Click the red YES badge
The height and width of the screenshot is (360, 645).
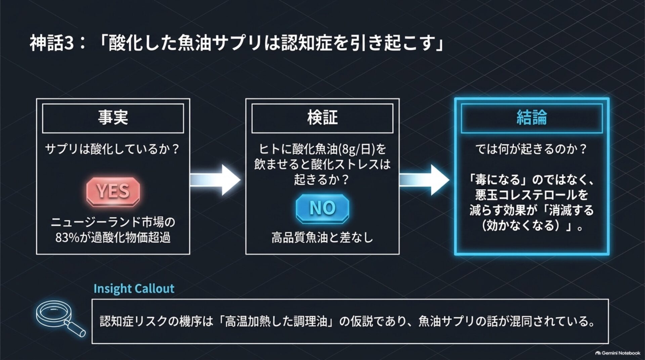pos(113,191)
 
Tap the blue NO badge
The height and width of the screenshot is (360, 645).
pos(322,208)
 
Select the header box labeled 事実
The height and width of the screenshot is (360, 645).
pos(113,118)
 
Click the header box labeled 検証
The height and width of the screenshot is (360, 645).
pos(322,118)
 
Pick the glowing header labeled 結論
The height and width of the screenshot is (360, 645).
pos(531,118)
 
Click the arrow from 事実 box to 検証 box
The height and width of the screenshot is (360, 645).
pos(215,180)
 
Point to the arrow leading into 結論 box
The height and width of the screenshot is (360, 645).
pos(424,180)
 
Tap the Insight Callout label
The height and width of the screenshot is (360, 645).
pos(134,288)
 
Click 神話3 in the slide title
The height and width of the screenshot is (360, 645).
pos(52,43)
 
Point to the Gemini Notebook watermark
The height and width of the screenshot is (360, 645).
pos(617,353)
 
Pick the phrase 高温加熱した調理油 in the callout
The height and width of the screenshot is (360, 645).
pos(276,321)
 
